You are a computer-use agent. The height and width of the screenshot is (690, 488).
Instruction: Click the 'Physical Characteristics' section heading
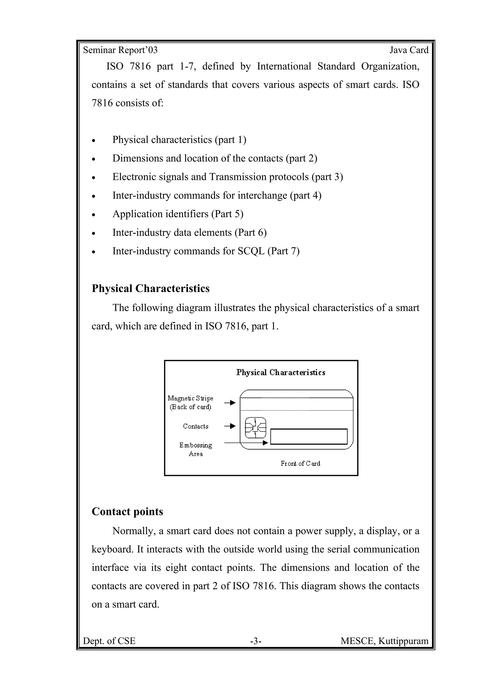[x=150, y=289]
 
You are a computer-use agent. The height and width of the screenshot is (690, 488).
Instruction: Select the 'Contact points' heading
[x=127, y=511]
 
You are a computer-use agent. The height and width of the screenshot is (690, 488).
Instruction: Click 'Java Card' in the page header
[x=409, y=50]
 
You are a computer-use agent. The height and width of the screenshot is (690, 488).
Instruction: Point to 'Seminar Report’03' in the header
[x=120, y=50]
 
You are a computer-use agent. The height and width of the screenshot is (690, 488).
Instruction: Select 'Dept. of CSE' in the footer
[x=109, y=641]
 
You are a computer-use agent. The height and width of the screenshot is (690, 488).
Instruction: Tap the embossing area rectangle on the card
[x=309, y=437]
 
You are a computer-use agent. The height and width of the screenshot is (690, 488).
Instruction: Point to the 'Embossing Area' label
[x=195, y=449]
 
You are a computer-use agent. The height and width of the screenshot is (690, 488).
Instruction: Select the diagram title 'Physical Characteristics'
[x=280, y=373]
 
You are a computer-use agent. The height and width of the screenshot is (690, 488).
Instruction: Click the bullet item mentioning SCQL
[x=206, y=251]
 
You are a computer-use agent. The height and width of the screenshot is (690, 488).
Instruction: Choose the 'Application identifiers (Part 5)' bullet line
[x=178, y=214]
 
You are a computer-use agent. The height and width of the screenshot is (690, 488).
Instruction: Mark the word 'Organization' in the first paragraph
[x=390, y=66]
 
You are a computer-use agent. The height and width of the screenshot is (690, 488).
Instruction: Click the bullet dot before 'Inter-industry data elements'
[x=94, y=233]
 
